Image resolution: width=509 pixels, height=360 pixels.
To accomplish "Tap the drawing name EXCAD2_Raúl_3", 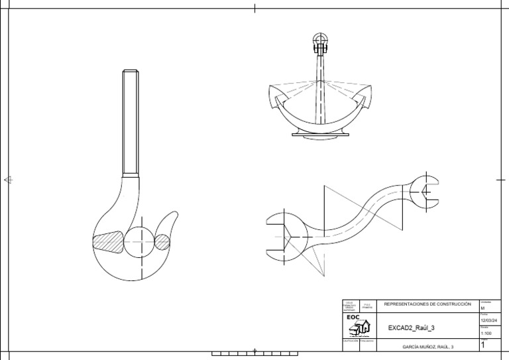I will (x=412, y=328).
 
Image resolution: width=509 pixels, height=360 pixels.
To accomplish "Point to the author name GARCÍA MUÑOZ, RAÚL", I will (x=428, y=346).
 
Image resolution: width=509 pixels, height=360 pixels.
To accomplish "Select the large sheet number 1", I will (x=482, y=345).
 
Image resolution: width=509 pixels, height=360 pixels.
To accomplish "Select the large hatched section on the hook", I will (x=109, y=241).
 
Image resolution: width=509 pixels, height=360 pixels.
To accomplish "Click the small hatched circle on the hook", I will (x=162, y=242).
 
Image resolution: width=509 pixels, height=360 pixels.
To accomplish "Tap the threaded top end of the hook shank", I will (x=131, y=74).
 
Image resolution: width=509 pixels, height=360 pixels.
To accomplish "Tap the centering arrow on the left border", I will (x=7, y=179).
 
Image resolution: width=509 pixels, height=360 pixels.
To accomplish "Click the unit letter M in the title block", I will (x=482, y=308).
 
